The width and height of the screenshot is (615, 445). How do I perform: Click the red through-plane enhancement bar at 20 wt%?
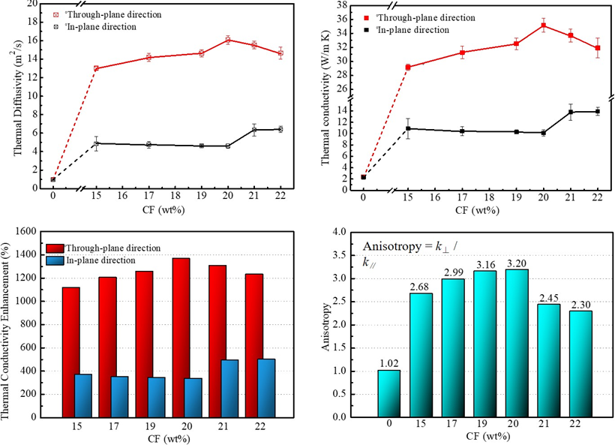182,337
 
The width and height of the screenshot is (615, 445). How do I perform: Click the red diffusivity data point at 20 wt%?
228,40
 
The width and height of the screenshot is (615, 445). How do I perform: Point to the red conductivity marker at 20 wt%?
543,26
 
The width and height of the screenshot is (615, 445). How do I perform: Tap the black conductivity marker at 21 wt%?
571,112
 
